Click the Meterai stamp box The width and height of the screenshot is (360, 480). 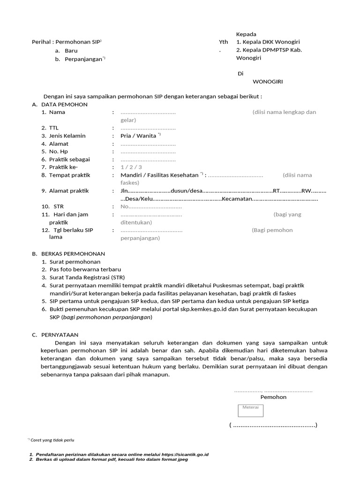[x=250, y=410]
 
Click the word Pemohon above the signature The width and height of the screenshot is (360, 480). [x=273, y=397]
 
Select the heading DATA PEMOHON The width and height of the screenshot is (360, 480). [x=64, y=105]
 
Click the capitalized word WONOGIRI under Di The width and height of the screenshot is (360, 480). [x=268, y=81]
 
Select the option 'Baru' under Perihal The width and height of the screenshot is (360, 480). [x=71, y=51]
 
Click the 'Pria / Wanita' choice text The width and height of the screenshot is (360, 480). [x=139, y=136]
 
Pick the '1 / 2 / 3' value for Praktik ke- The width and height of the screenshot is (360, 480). [x=131, y=167]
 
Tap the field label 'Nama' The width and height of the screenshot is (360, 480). [x=57, y=112]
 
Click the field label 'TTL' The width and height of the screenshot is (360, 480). [x=54, y=128]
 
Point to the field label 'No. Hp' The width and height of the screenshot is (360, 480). [x=59, y=151]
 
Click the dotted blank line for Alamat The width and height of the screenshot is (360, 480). [x=148, y=144]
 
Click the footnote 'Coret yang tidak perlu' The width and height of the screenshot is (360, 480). [x=52, y=440]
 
